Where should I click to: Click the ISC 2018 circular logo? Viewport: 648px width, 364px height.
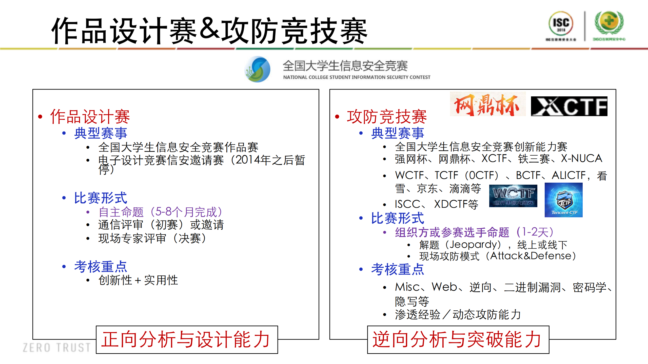(561, 24)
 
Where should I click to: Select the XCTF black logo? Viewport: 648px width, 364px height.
(569, 106)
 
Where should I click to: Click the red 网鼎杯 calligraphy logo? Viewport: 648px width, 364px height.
(487, 104)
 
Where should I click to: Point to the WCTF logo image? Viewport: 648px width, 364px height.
(513, 196)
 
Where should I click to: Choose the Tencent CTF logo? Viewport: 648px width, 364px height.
(563, 200)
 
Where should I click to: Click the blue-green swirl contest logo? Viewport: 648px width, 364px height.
(258, 69)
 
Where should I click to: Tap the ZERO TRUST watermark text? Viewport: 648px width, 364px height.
(57, 348)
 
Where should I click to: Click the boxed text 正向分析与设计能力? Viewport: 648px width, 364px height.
(187, 340)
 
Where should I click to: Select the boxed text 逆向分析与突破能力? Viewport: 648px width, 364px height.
(458, 340)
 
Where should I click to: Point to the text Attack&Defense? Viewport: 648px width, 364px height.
(531, 256)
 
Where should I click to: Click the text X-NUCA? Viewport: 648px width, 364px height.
(581, 159)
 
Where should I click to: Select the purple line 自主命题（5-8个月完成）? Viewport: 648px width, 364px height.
(161, 212)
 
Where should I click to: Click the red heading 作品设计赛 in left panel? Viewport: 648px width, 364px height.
(90, 117)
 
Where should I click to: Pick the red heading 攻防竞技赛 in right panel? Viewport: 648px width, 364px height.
(387, 117)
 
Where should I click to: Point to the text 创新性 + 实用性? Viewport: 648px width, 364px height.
(138, 280)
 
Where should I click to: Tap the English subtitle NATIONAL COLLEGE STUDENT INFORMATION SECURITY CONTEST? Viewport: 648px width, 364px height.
(357, 77)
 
